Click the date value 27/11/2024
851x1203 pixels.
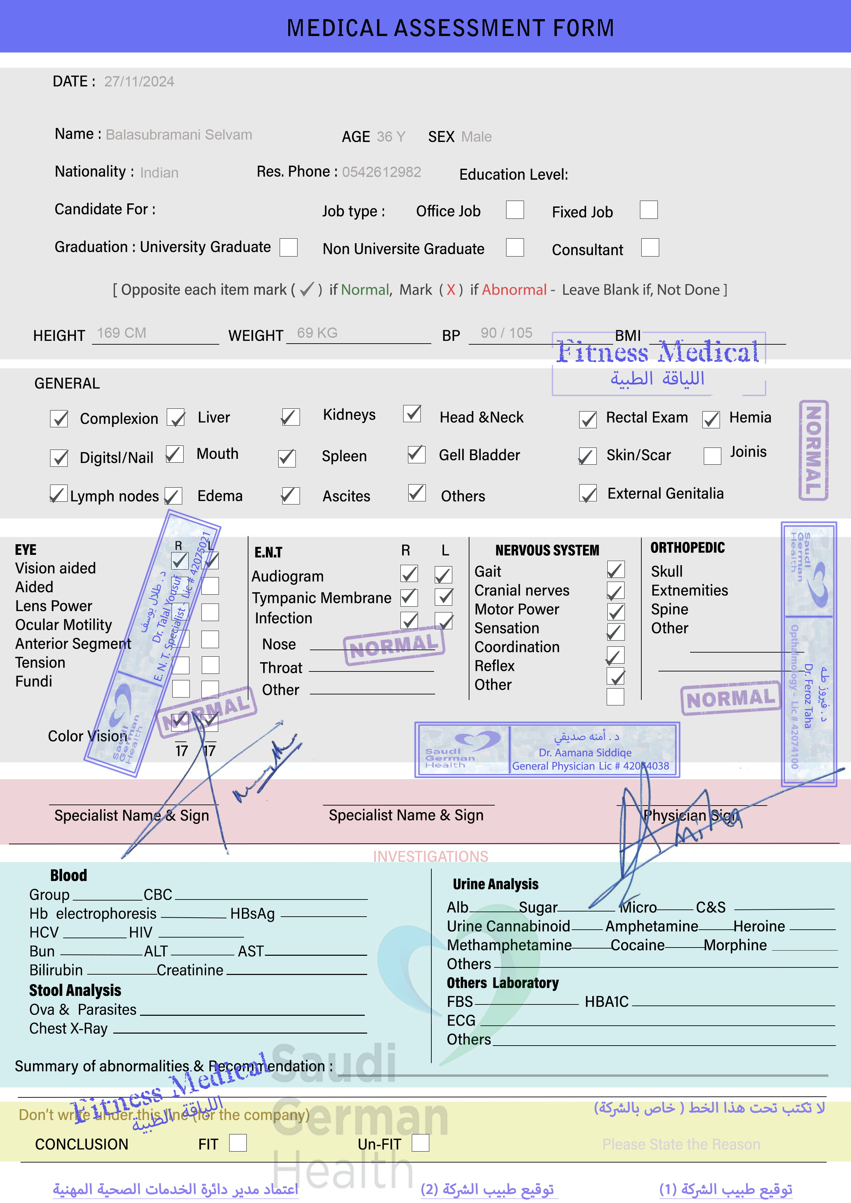click(139, 82)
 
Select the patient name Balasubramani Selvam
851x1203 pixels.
click(179, 135)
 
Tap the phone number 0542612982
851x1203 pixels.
click(381, 172)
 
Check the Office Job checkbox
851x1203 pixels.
click(514, 210)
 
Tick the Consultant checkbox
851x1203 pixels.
click(650, 248)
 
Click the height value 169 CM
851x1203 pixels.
click(122, 333)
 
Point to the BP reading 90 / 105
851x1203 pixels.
click(506, 333)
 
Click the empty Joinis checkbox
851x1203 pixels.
click(712, 455)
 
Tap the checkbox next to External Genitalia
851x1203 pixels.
click(588, 493)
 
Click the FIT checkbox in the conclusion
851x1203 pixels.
click(237, 1143)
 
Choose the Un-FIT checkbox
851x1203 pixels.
click(420, 1143)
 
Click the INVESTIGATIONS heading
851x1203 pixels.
click(431, 856)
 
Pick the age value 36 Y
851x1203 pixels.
click(390, 137)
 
